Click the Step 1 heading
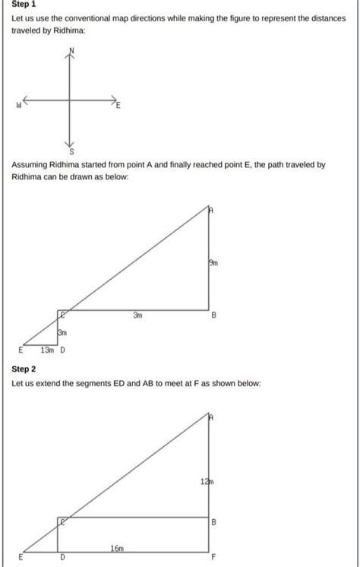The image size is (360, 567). [24, 4]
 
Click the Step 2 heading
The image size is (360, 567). [24, 369]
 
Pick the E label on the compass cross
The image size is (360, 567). [118, 106]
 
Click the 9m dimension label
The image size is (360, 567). [213, 263]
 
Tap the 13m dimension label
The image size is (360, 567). [46, 350]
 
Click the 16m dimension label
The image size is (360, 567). [117, 547]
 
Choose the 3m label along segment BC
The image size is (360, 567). [137, 315]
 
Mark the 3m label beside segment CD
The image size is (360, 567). [63, 333]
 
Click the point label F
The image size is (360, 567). [214, 557]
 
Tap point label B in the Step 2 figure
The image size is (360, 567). [214, 522]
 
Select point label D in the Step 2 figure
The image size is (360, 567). [62, 557]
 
